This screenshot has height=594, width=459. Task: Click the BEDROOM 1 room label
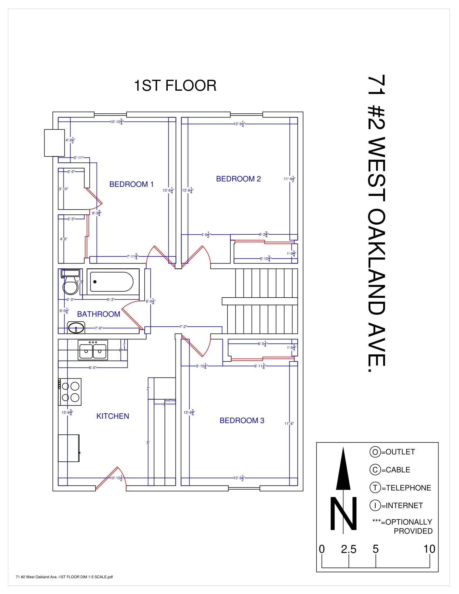pyautogui.click(x=131, y=184)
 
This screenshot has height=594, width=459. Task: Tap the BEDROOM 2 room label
pyautogui.click(x=238, y=179)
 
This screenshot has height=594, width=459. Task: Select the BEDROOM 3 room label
pyautogui.click(x=242, y=420)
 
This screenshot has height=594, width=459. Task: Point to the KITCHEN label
pyautogui.click(x=113, y=416)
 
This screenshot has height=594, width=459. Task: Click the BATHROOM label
pyautogui.click(x=99, y=314)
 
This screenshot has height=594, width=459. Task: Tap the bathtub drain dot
pyautogui.click(x=95, y=282)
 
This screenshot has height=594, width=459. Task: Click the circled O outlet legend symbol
pyautogui.click(x=375, y=452)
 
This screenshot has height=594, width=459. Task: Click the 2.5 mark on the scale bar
pyautogui.click(x=349, y=549)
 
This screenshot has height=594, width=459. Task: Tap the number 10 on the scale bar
pyautogui.click(x=429, y=549)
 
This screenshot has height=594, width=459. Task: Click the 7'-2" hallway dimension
pyautogui.click(x=183, y=327)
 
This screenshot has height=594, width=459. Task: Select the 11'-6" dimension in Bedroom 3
pyautogui.click(x=289, y=424)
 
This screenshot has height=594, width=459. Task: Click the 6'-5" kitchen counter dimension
pyautogui.click(x=93, y=368)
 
